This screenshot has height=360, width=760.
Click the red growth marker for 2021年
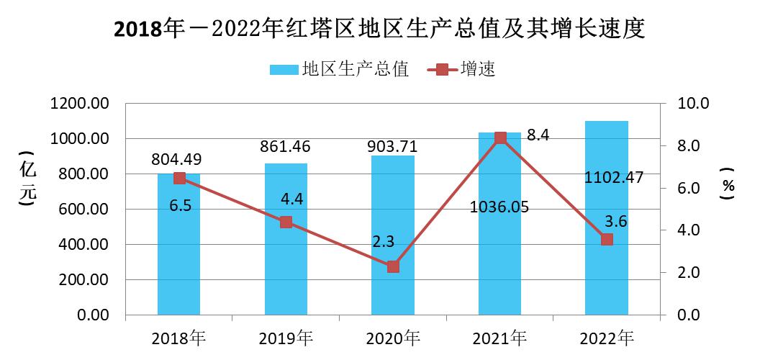point(500,138)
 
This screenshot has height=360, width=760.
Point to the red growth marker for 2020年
point(393,266)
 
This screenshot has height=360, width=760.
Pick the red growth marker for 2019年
point(286,222)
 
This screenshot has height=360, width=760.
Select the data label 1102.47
point(615,177)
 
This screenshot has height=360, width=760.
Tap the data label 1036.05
point(499,207)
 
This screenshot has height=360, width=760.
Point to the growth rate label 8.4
point(539,134)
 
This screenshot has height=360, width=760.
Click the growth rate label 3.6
point(617,222)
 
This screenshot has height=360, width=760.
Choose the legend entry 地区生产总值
point(339,69)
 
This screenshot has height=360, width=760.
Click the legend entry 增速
point(461,69)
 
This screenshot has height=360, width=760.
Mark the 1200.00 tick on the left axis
point(80,104)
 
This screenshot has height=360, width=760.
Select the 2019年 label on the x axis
point(285,338)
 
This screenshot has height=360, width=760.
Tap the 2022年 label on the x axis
point(607,338)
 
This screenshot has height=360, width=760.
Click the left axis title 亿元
point(27,180)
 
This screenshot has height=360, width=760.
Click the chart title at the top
point(379,30)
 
